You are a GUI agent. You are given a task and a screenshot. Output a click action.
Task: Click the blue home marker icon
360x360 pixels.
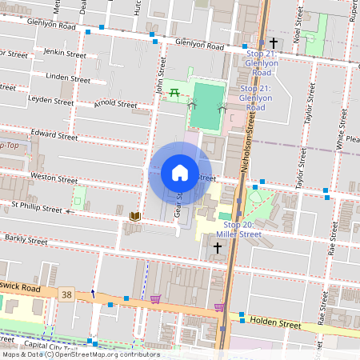(180, 173)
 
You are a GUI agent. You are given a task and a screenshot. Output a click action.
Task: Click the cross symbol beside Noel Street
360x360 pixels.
(274, 42)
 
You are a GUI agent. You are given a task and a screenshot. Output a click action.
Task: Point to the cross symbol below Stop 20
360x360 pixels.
(218, 249)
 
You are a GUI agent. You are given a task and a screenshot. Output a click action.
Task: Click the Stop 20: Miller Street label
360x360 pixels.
(238, 230)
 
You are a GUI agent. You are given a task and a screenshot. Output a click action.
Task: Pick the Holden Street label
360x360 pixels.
(274, 325)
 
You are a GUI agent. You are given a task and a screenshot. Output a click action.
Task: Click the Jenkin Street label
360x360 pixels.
(65, 54)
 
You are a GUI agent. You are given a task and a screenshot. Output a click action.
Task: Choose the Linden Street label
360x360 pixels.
(68, 79)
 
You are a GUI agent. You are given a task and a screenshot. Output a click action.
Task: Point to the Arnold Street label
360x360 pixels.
(115, 104)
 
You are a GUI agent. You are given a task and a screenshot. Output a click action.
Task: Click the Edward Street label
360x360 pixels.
(54, 136)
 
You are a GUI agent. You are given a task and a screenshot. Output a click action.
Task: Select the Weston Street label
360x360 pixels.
(53, 175)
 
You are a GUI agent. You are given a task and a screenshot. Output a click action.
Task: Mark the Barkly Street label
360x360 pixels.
(26, 238)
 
